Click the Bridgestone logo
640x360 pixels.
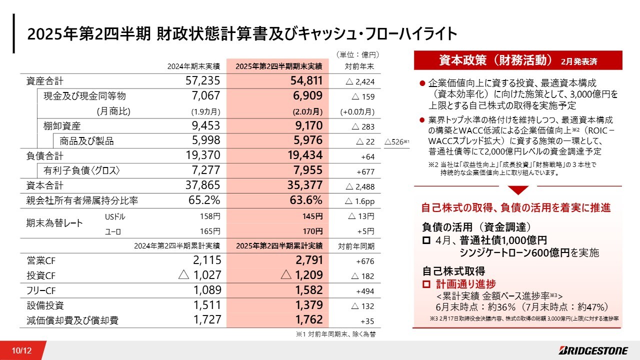point(593,350)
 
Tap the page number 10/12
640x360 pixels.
point(21,350)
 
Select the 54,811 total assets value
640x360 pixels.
point(306,81)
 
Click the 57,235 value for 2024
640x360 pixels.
point(203,81)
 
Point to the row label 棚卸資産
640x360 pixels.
point(62,125)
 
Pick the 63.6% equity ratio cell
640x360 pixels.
point(306,200)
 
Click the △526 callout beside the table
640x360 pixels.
point(397,141)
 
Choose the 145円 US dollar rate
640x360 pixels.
point(312,216)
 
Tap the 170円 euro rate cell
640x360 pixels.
point(312,231)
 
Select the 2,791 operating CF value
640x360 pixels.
point(309,260)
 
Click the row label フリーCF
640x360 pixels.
point(41,290)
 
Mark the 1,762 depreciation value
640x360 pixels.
point(309,319)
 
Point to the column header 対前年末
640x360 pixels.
point(359,66)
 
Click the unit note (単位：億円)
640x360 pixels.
point(357,54)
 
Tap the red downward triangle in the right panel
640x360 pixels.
point(518,190)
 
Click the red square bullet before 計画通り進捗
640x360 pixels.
point(426,284)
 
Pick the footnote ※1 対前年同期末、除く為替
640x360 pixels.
point(335,334)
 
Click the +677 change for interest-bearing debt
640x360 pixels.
point(365,171)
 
